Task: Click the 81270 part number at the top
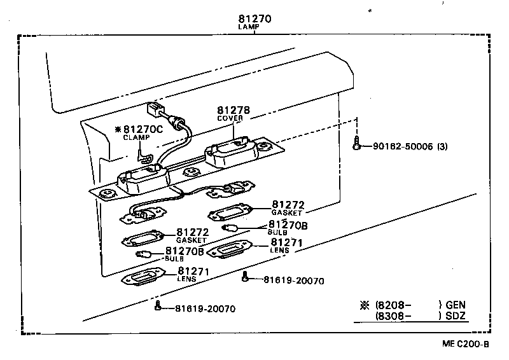click(254, 19)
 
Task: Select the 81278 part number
click(233, 110)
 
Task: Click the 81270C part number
click(143, 129)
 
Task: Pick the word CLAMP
click(136, 137)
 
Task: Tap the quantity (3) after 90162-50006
click(443, 146)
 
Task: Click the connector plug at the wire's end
click(155, 109)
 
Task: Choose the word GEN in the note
click(456, 305)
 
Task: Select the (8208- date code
click(393, 305)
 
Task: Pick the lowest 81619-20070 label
click(205, 309)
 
